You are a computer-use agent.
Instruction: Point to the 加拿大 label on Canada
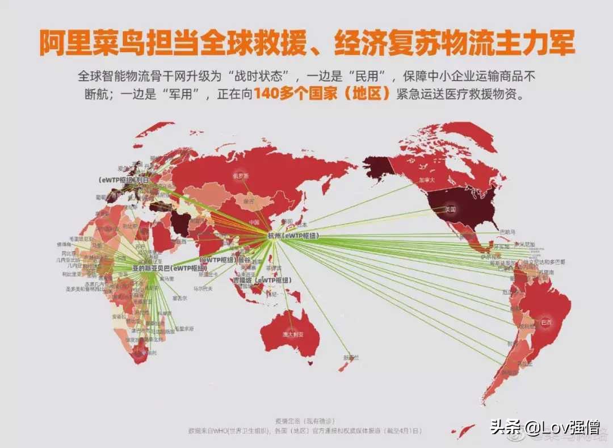[x=426, y=179]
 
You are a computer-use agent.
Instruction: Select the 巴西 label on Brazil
[x=547, y=321]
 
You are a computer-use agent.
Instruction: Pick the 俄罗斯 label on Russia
[x=241, y=176]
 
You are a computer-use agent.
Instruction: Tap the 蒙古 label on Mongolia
[x=249, y=201]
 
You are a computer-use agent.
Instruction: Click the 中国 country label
[x=254, y=222]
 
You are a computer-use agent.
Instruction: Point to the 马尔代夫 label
[x=203, y=288]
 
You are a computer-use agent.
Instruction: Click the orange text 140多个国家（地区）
[x=322, y=94]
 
